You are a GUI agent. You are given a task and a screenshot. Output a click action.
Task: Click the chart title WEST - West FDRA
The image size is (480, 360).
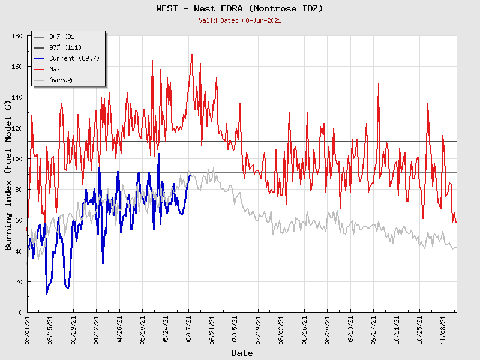[x=239, y=8]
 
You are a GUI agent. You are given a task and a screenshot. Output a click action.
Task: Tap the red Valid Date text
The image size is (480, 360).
[x=239, y=20]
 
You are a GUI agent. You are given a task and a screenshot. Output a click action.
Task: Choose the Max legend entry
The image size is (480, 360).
[x=55, y=69]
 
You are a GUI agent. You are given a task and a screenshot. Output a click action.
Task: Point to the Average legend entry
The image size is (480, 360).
[x=62, y=80]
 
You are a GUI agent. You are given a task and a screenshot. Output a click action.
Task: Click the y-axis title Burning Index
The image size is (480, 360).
[x=8, y=175]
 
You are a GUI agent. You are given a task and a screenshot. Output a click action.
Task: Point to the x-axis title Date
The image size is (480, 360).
[x=242, y=353]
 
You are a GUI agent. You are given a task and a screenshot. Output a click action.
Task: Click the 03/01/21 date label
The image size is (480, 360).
[x=28, y=329]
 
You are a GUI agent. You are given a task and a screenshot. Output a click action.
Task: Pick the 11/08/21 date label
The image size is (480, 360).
[x=443, y=329]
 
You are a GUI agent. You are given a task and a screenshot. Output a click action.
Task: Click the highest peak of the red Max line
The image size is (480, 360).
[x=192, y=55]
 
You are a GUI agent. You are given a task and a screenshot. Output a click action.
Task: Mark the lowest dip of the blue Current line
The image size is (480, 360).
[x=47, y=294]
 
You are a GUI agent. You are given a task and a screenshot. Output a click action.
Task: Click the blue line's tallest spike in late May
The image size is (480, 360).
[x=158, y=154]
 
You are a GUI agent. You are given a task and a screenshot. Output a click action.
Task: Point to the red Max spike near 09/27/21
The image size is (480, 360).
[x=379, y=83]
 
